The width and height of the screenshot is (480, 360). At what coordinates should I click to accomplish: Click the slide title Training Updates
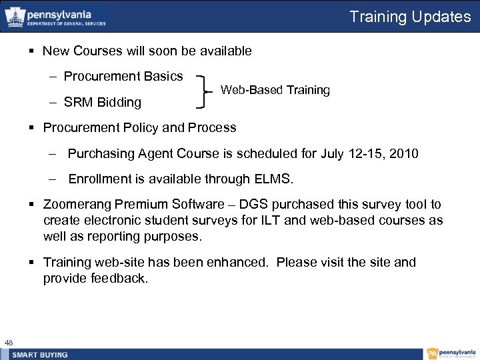(410, 17)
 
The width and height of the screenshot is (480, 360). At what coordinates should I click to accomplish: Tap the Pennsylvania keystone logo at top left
(14, 17)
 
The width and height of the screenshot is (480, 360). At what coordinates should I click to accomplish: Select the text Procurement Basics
(123, 77)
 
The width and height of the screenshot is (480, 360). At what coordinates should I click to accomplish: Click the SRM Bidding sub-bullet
(103, 102)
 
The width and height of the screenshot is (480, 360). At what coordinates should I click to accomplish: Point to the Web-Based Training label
(275, 90)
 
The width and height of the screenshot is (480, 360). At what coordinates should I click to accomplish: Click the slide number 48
(8, 343)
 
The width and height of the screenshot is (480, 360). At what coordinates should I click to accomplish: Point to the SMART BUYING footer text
(41, 355)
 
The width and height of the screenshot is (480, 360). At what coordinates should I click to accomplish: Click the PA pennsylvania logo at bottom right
(451, 354)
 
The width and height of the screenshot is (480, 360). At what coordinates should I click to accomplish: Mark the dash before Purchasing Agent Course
(53, 154)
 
